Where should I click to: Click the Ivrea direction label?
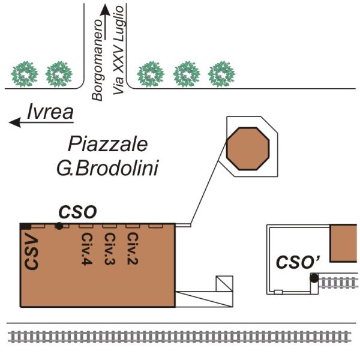pyautogui.click(x=50, y=111)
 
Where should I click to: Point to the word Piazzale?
pyautogui.click(x=107, y=145)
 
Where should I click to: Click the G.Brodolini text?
pyautogui.click(x=107, y=169)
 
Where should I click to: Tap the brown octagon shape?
pyautogui.click(x=248, y=149)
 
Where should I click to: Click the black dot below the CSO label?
pyautogui.click(x=59, y=226)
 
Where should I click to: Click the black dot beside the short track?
pyautogui.click(x=314, y=278)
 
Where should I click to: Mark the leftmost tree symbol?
pyautogui.click(x=25, y=74)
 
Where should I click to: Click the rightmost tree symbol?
pyautogui.click(x=221, y=74)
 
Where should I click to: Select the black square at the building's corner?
pyautogui.click(x=25, y=226)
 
